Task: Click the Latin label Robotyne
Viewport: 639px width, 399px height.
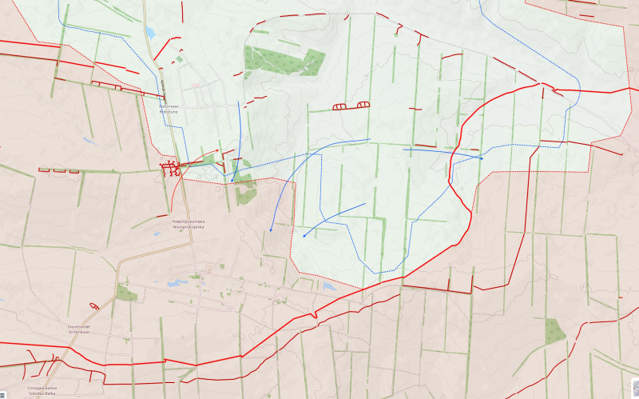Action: pos(169,112)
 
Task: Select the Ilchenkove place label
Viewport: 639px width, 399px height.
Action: pos(79,331)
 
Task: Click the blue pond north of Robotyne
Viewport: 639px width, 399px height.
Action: pos(150,33)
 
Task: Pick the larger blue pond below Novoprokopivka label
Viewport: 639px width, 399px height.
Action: pos(174,282)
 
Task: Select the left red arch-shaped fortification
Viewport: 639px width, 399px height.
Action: pos(339,106)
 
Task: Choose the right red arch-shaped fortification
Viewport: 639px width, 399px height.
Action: pos(363,104)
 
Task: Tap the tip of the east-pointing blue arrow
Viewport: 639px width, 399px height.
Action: pos(482,158)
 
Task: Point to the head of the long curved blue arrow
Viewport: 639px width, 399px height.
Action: pos(271,230)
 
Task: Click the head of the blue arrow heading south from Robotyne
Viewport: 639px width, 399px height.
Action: pos(232,181)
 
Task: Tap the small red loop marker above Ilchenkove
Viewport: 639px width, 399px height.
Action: pos(94,305)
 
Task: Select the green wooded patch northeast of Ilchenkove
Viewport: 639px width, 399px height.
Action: pos(125,293)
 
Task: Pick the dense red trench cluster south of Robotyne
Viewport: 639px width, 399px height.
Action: pos(170,168)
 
